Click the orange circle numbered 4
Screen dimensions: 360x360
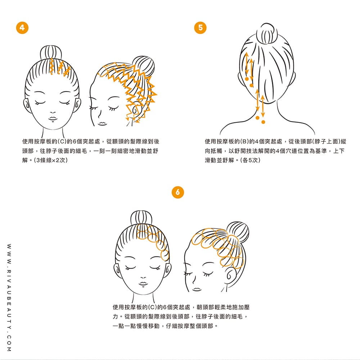22,28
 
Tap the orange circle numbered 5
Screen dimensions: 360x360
200,28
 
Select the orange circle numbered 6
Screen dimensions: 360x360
178,192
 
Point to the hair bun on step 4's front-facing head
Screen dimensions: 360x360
51,53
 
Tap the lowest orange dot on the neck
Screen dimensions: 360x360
263,122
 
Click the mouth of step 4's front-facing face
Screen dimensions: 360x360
53,118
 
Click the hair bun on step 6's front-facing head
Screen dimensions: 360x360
141,218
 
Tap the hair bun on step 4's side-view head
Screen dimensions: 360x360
144,66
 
